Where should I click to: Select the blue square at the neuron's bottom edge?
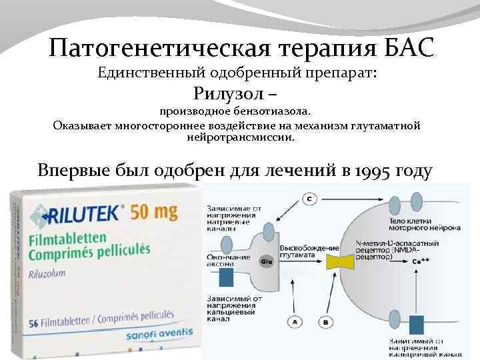pos(417,325)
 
